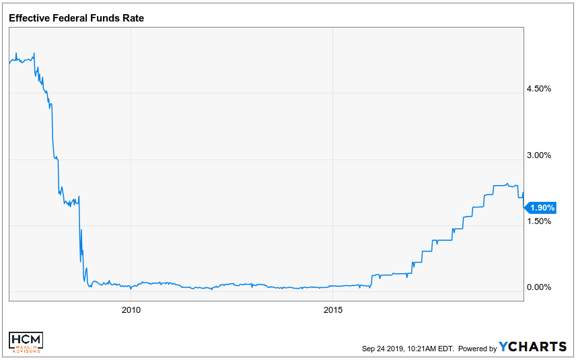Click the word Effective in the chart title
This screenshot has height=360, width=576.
pyautogui.click(x=30, y=18)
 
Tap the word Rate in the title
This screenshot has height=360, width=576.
pyautogui.click(x=133, y=18)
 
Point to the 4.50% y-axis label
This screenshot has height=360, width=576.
pyautogui.click(x=538, y=89)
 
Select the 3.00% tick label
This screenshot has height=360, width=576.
pyautogui.click(x=538, y=155)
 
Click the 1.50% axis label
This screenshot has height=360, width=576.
pyautogui.click(x=538, y=221)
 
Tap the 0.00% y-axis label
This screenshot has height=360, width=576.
pyautogui.click(x=538, y=287)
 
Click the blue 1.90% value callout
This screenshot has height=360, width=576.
pyautogui.click(x=542, y=208)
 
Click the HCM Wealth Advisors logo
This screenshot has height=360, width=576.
pyautogui.click(x=26, y=342)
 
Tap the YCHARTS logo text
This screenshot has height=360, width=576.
pyautogui.click(x=533, y=347)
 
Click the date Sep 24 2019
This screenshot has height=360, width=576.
pyautogui.click(x=381, y=349)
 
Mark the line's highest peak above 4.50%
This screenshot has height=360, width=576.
pyautogui.click(x=34, y=54)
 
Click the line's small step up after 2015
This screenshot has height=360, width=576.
pyautogui.click(x=371, y=275)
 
